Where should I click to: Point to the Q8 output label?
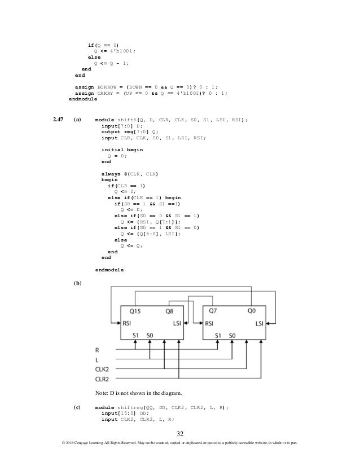click(173, 311)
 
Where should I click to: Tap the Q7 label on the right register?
click(213, 311)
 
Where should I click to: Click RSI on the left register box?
click(129, 324)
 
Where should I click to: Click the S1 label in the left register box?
click(136, 335)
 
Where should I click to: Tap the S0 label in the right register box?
click(232, 335)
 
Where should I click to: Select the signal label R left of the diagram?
click(97, 350)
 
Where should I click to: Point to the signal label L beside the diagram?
click(96, 359)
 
